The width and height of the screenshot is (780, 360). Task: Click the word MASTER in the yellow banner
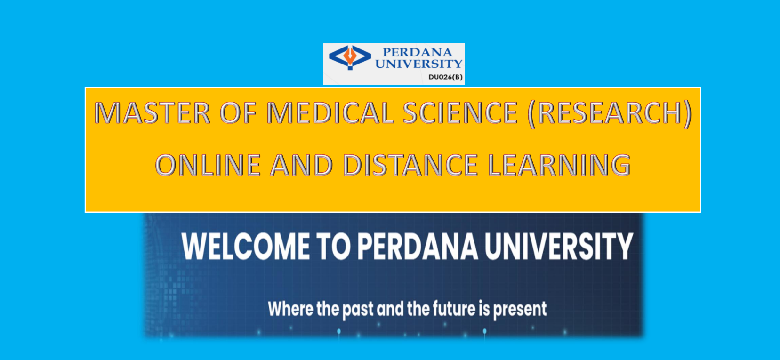click(x=153, y=113)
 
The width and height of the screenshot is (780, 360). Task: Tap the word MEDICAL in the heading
click(x=330, y=113)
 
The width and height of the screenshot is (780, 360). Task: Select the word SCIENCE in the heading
click(x=460, y=113)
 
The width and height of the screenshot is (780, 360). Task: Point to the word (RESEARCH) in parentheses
click(x=610, y=113)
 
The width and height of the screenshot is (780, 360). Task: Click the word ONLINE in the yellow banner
click(x=208, y=165)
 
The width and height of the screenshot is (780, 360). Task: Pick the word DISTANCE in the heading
click(x=410, y=165)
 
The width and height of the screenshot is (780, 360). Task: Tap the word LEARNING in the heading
click(x=559, y=165)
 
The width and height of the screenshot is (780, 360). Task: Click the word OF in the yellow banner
click(x=239, y=113)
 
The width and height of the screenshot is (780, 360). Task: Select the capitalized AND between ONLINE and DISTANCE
click(x=302, y=165)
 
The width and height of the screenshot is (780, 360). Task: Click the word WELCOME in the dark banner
click(x=246, y=247)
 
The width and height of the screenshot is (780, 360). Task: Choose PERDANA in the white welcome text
click(x=418, y=247)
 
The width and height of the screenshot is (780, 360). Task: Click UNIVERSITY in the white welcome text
click(x=559, y=247)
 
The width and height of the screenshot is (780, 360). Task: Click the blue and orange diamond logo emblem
click(x=350, y=57)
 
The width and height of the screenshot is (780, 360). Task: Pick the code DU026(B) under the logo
click(x=445, y=77)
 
